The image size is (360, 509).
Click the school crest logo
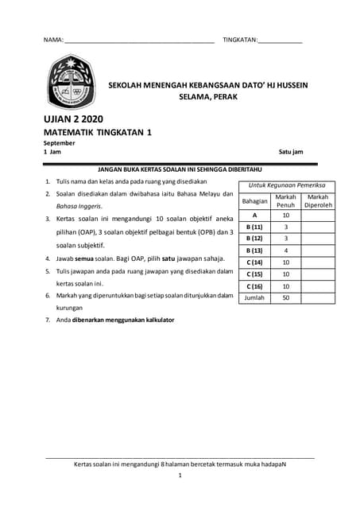[72, 85]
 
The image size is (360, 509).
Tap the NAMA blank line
[139, 40]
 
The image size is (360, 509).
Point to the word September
[59, 143]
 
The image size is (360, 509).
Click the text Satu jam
[290, 151]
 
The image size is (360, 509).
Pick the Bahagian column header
[254, 200]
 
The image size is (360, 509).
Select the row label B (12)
[254, 238]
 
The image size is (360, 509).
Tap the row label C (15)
[254, 274]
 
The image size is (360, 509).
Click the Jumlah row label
[254, 297]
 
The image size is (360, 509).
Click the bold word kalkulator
[155, 320]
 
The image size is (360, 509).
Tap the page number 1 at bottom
[180, 476]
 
